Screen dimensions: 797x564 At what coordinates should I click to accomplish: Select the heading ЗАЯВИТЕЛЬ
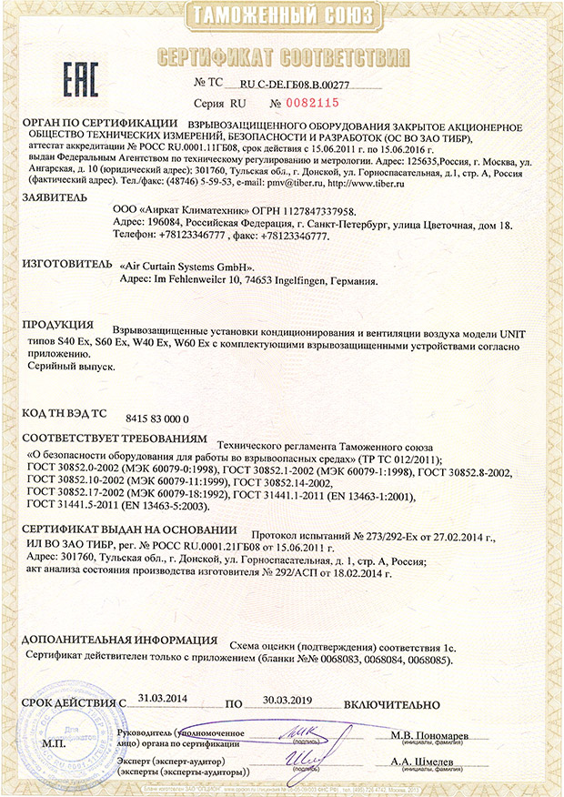[x=55, y=197]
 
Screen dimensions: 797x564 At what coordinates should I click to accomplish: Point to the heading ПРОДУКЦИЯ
[x=57, y=325]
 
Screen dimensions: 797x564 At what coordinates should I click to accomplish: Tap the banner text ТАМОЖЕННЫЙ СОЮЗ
[x=283, y=16]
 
